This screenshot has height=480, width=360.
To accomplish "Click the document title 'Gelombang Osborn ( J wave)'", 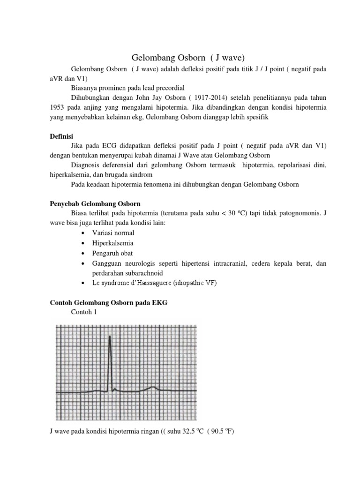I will click(182, 58).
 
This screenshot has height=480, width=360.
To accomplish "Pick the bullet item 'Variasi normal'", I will click(113, 232).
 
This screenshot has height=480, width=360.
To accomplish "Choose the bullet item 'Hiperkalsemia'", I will click(112, 243).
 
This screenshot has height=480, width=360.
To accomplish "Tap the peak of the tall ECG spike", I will click(110, 336).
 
